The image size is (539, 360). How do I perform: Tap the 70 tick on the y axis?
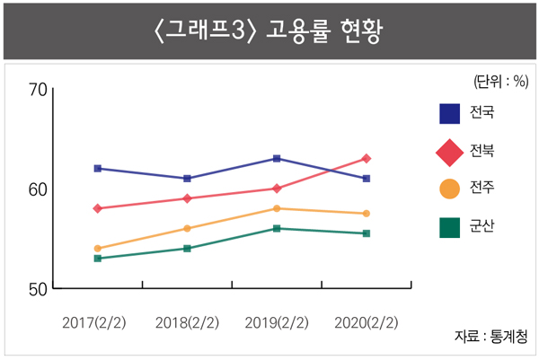[x=38, y=90]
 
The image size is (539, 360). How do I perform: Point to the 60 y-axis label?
[x=38, y=189]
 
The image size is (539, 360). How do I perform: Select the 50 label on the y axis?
[x=38, y=289]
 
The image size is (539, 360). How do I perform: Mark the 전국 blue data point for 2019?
[x=277, y=159]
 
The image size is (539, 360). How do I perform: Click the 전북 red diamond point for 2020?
[x=366, y=159]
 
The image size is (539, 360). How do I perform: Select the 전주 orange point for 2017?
[x=97, y=249]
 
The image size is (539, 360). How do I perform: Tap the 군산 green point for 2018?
[x=187, y=249]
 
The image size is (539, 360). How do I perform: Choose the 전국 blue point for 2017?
[x=97, y=169]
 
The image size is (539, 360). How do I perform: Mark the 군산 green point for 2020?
[x=366, y=233]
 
